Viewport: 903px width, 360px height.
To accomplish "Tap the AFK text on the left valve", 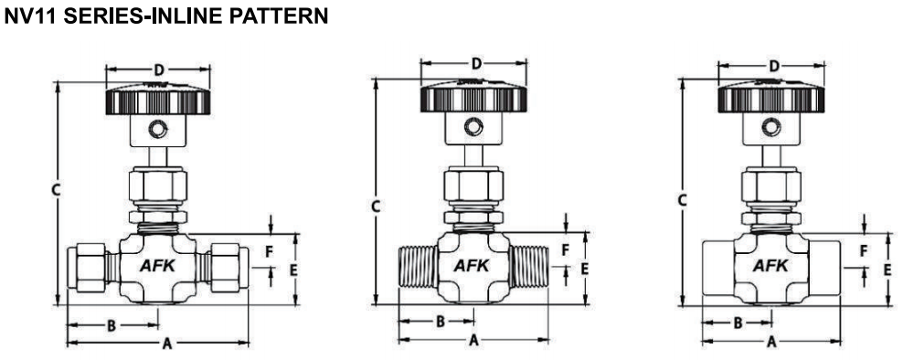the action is click(158, 266).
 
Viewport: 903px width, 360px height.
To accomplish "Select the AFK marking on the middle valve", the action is click(473, 266).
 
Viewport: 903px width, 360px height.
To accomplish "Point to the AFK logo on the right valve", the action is click(770, 266).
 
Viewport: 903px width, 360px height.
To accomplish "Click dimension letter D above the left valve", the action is click(159, 70).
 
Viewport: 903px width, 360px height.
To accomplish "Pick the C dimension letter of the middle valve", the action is click(375, 206).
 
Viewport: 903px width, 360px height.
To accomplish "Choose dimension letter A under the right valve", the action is click(771, 342).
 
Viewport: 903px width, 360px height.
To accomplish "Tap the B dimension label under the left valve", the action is click(112, 326).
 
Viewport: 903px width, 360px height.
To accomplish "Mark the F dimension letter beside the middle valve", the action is click(566, 250).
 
